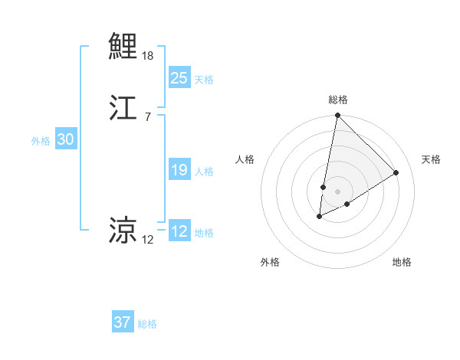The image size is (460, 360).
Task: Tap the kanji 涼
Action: (123, 229)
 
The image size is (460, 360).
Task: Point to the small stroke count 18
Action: (148, 56)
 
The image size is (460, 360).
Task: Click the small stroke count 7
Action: (147, 116)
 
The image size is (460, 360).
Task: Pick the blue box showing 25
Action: (179, 77)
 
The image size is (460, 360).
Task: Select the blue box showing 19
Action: (179, 170)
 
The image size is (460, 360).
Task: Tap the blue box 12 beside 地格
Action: (179, 231)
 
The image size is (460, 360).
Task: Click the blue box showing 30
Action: (65, 139)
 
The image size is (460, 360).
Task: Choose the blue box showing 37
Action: (122, 322)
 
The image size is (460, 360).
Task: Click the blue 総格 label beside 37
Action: (147, 324)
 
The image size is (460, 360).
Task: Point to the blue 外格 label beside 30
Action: (41, 141)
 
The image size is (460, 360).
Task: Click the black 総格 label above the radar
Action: (338, 100)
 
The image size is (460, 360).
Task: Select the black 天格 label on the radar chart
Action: (432, 159)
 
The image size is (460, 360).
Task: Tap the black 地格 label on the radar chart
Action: (402, 262)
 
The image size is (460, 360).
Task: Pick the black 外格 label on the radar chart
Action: (270, 262)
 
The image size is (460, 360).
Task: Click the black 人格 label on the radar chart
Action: (245, 159)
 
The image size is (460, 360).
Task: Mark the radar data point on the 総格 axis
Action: (337, 116)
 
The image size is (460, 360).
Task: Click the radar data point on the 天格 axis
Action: (396, 172)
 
